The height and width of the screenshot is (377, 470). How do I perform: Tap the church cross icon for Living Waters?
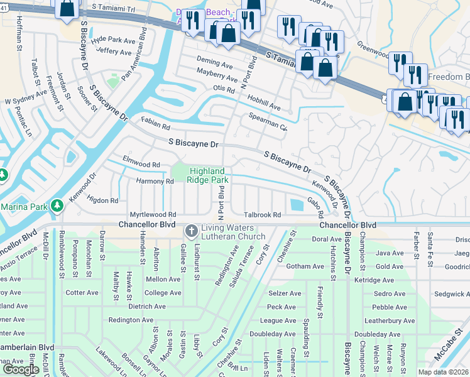[192, 232]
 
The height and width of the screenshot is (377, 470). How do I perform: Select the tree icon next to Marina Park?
[57, 206]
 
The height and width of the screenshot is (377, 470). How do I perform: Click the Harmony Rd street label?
[155, 182]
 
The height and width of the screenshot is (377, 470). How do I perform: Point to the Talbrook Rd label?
[262, 215]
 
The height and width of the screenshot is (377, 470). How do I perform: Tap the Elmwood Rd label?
[141, 165]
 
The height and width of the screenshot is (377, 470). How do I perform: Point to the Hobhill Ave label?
[263, 103]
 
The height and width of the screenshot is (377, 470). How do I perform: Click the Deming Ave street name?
[214, 63]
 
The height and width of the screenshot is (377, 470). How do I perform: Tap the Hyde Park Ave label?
[113, 40]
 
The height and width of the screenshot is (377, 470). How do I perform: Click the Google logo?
[21, 369]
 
